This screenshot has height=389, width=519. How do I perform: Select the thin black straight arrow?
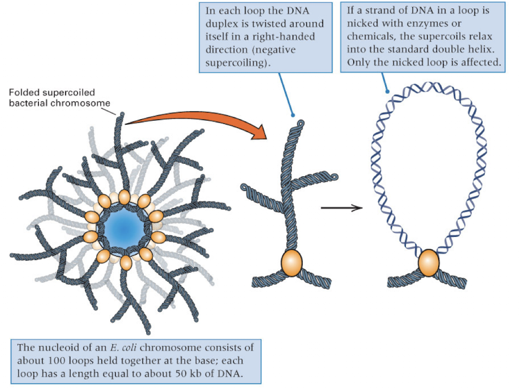click(341, 207)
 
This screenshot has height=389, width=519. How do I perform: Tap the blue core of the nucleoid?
click(124, 228)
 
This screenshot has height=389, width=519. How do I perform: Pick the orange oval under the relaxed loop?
click(429, 263)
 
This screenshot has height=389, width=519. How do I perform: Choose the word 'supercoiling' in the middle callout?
click(234, 62)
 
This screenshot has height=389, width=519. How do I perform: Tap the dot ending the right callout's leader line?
click(387, 92)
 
